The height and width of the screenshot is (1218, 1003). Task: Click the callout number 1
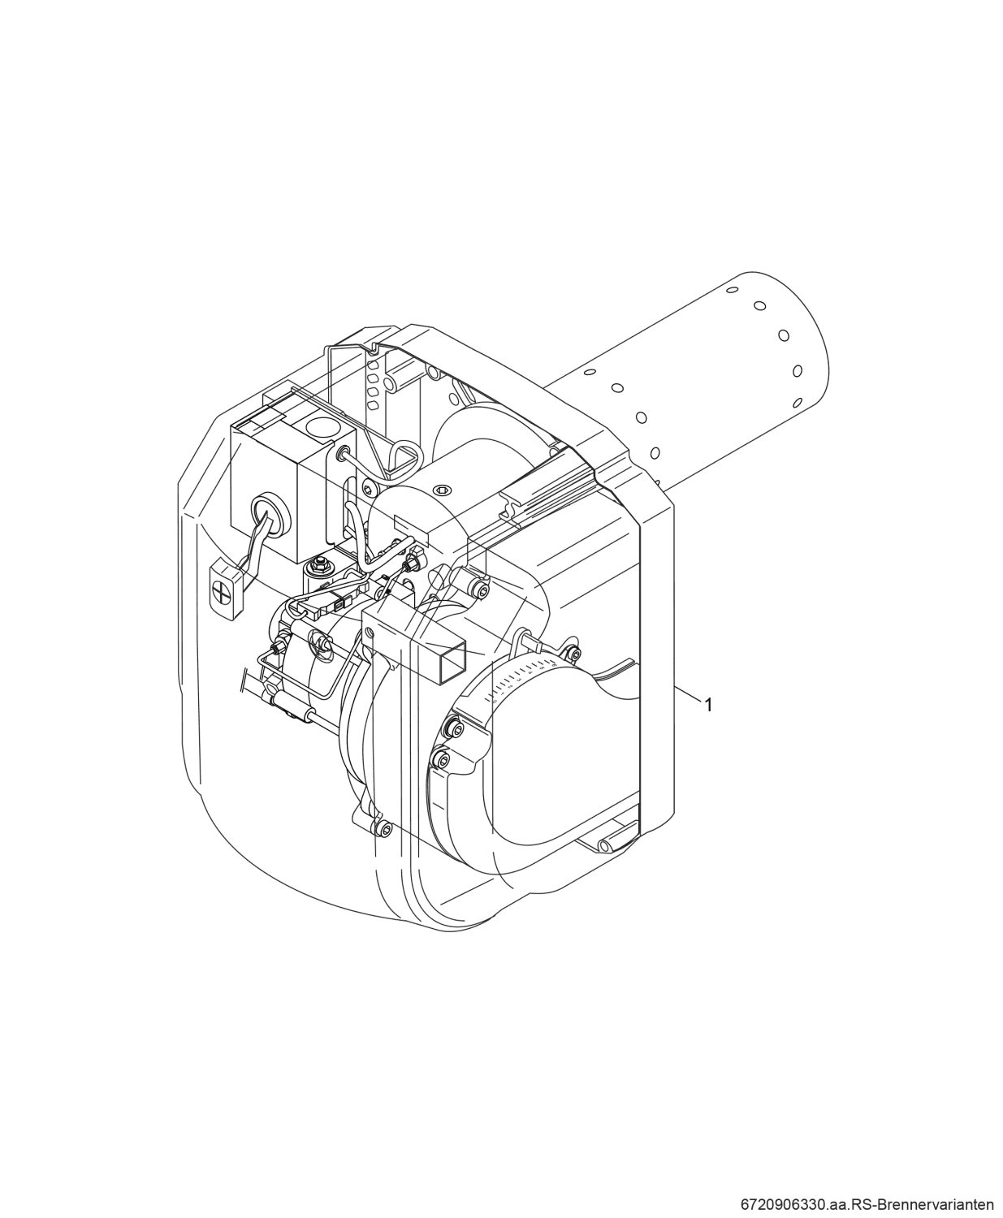pyautogui.click(x=708, y=705)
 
